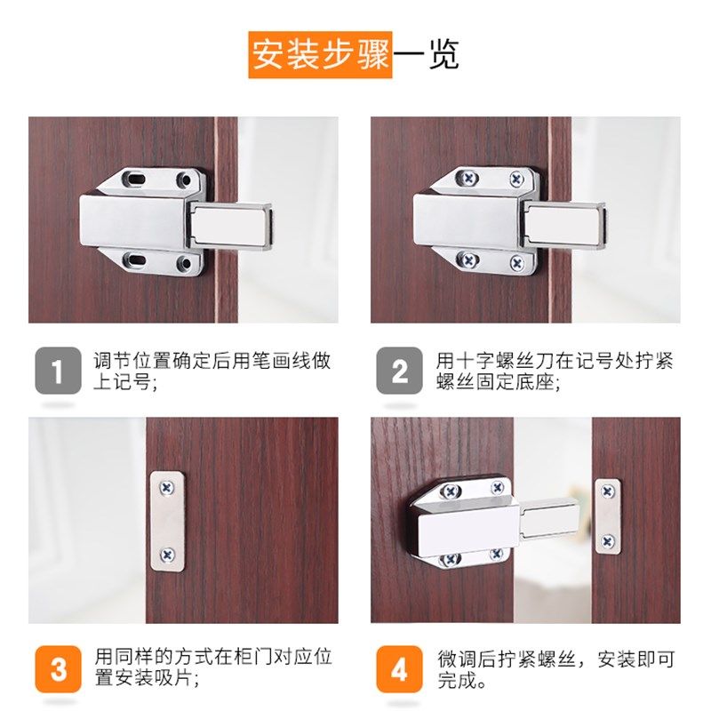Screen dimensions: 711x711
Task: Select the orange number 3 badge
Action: tap(59, 669)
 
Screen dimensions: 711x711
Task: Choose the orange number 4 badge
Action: tap(399, 669)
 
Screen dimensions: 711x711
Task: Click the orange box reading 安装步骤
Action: tap(320, 54)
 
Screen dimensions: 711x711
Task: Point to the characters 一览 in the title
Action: tap(426, 54)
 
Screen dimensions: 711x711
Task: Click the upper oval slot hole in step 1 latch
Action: tap(135, 179)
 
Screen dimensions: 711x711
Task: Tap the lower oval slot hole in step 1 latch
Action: tap(135, 260)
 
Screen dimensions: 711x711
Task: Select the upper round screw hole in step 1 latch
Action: tap(184, 180)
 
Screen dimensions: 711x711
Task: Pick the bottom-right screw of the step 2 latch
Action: tap(517, 263)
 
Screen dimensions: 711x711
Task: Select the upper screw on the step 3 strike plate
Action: tap(167, 486)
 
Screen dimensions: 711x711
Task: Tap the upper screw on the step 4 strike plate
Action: tap(608, 491)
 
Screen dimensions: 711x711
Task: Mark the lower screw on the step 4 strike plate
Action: tap(608, 539)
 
